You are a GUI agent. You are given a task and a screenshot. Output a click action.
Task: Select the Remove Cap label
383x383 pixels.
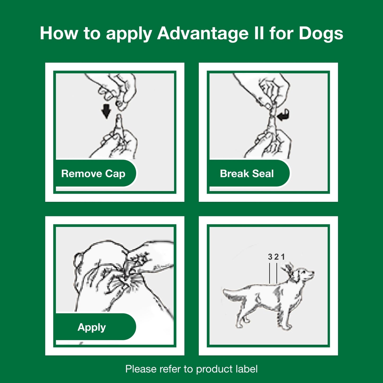pos(93,174)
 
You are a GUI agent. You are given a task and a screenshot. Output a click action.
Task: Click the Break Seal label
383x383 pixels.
pos(247,174)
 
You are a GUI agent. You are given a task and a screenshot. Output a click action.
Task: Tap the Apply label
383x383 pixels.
pos(92,327)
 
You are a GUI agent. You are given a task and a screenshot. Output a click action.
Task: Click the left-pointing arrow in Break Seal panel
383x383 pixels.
pos(283,115)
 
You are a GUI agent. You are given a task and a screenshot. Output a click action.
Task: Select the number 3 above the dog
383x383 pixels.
pos(270,257)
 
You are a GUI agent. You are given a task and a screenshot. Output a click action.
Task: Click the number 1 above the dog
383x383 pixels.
pos(283,257)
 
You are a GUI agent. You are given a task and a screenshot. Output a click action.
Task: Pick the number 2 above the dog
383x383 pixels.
pos(276,257)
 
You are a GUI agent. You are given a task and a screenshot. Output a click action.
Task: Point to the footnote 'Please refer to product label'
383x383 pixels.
pos(191,369)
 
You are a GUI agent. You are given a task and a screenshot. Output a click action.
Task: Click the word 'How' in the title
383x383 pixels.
pos(59,33)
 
